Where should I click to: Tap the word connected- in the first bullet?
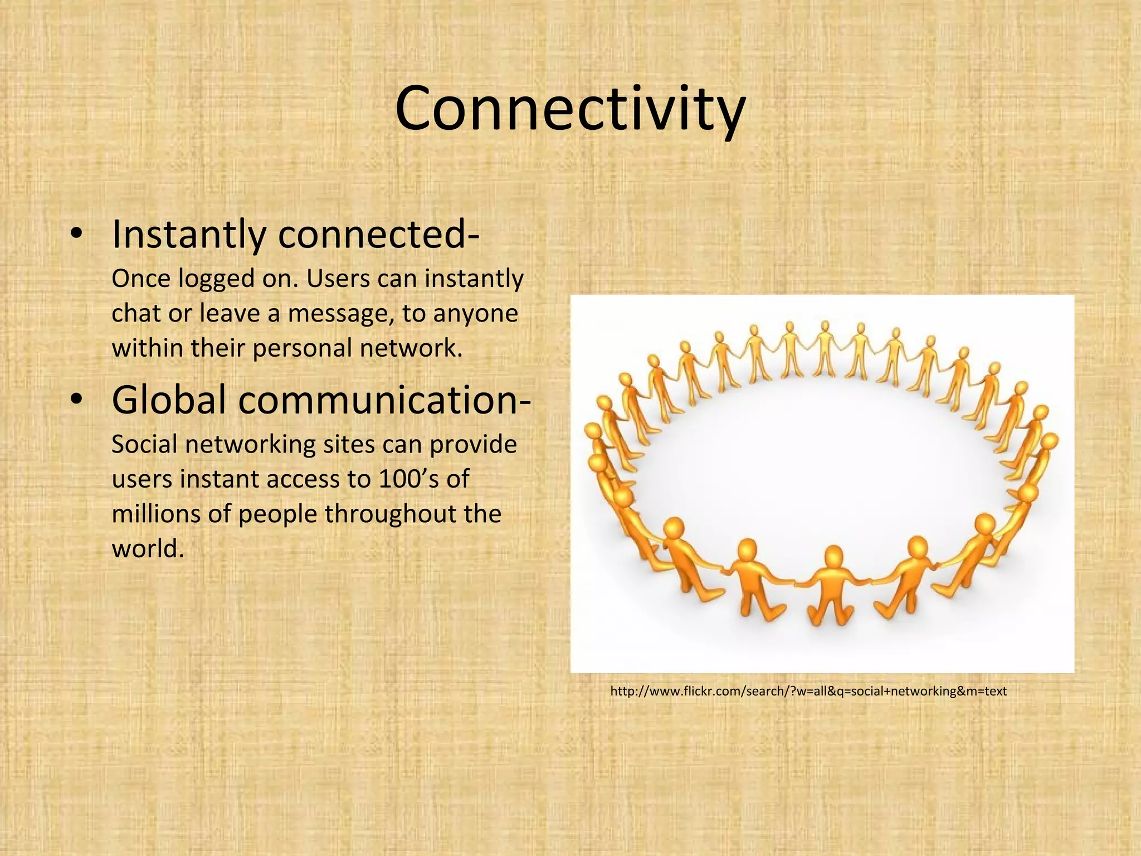click(x=379, y=235)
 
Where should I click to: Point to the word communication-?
click(x=385, y=400)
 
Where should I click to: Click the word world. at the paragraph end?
click(x=148, y=549)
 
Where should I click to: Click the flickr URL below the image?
click(x=808, y=692)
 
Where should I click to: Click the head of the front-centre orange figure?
click(x=833, y=556)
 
